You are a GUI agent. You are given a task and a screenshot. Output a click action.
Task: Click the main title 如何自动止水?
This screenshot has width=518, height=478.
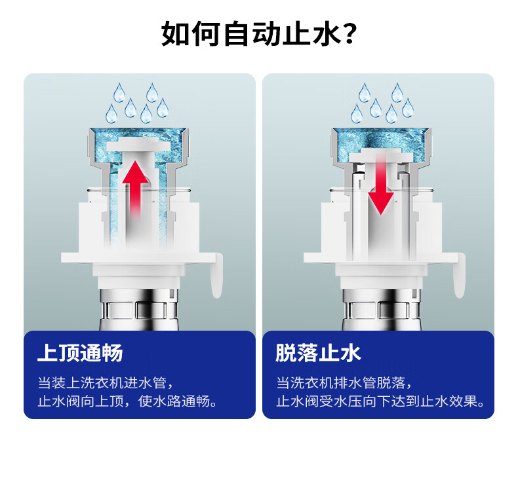coord(259,33)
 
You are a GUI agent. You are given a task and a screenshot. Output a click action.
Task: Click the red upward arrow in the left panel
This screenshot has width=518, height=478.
coord(135,189)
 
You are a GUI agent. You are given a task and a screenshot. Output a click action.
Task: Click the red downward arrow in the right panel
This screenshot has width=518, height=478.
coord(381,185)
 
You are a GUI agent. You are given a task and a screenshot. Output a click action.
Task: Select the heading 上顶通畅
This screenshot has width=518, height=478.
coord(80,353)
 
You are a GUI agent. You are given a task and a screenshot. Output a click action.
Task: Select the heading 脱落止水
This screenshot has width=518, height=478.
coord(319,353)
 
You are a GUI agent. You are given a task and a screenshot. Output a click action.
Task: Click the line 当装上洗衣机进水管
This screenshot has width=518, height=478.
coord(106,383)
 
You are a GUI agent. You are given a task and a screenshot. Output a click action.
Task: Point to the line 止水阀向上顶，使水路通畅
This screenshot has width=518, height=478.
coord(127,401)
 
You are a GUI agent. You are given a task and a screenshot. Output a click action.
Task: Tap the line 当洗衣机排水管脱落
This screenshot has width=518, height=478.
coord(344,383)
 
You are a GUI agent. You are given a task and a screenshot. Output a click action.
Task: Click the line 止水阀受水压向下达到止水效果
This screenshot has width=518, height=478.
coord(380,401)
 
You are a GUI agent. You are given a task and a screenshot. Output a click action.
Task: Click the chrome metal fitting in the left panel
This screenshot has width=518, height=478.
coord(139,310)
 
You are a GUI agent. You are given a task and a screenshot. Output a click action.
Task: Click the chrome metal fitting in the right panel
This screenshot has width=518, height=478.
coord(382,310)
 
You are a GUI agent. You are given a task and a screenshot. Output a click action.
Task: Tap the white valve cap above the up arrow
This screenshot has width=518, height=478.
coord(138,145)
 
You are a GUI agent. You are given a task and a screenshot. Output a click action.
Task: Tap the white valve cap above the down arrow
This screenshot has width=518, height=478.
coord(381,156)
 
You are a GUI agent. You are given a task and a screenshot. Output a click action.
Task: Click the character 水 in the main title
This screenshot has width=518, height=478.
coord(326,33)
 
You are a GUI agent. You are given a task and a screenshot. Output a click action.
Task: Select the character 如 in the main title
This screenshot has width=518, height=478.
coord(176,33)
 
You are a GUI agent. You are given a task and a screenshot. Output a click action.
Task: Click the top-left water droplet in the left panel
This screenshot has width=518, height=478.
coord(119,93)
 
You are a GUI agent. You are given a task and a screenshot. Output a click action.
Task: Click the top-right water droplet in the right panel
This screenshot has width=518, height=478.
coord(397,93)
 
